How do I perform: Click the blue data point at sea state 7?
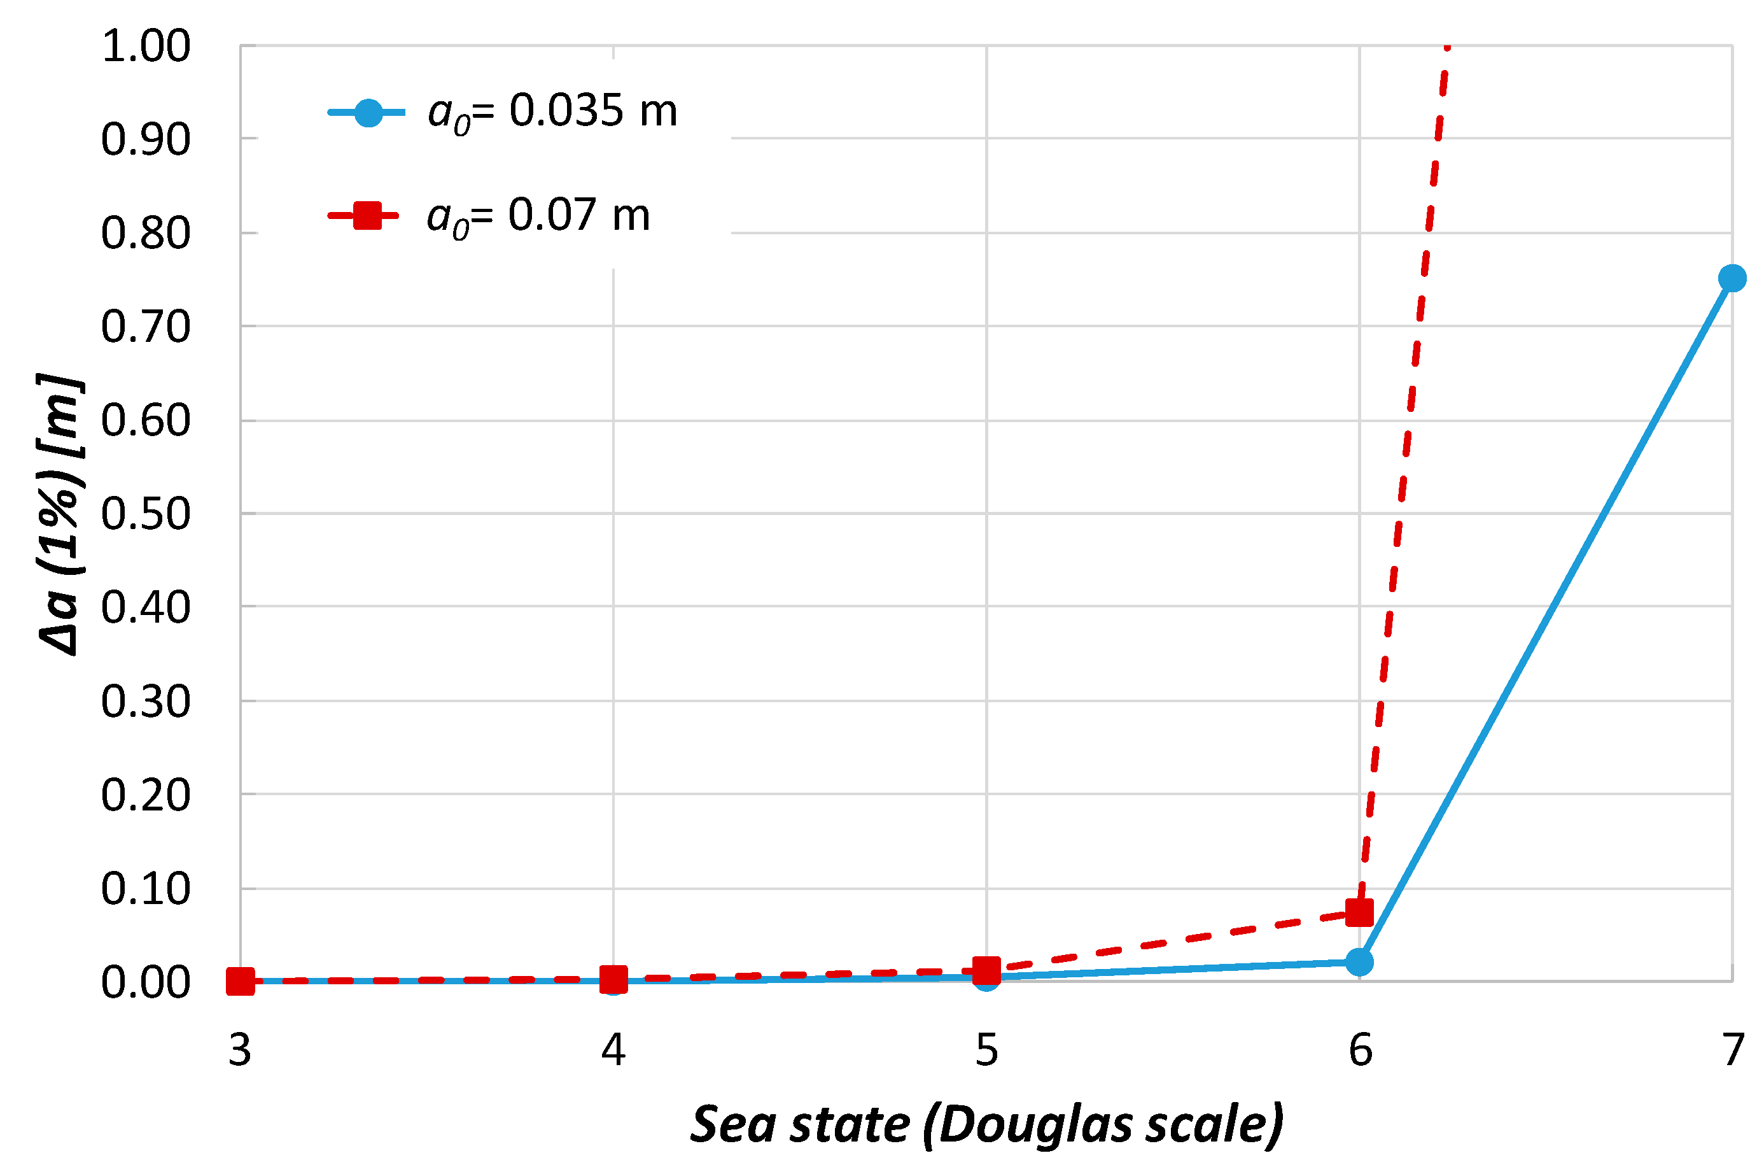pos(1732,278)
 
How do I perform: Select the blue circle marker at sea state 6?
pos(1359,962)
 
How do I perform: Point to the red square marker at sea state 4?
pos(613,978)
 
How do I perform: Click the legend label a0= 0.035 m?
pos(552,112)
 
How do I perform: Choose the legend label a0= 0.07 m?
pos(538,216)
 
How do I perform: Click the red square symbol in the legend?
pos(367,216)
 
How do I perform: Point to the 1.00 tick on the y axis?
pos(146,46)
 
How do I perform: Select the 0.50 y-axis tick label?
pos(146,514)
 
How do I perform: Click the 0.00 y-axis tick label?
pos(146,982)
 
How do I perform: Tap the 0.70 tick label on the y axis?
pos(146,327)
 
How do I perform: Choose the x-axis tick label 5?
pos(986,1050)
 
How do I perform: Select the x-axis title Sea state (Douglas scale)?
pos(986,1124)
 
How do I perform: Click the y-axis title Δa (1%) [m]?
pos(60,514)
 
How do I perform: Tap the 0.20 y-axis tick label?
pos(146,795)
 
